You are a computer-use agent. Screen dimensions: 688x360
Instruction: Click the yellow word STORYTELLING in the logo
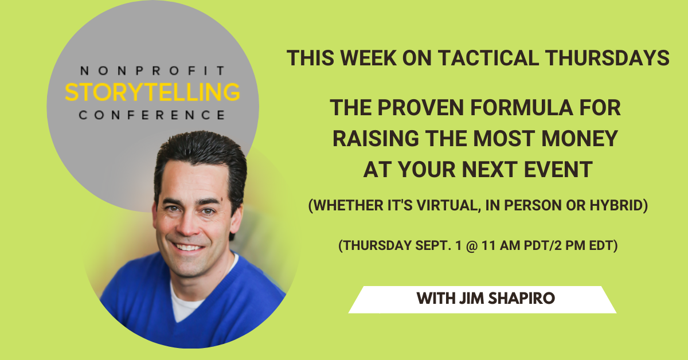(x=153, y=92)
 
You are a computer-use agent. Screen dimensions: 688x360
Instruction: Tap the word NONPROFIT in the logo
(x=153, y=71)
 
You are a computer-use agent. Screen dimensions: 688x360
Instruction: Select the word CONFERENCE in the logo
(x=152, y=115)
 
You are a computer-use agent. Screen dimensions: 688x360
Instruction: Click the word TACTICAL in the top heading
(x=488, y=58)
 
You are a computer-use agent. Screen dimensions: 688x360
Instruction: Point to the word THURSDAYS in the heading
(x=607, y=58)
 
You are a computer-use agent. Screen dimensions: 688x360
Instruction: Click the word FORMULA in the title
(x=522, y=108)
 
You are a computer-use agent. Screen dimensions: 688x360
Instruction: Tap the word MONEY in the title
(x=580, y=139)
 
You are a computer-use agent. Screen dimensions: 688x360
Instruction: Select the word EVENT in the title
(x=558, y=170)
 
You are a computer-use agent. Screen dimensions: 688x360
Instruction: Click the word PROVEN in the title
(x=420, y=108)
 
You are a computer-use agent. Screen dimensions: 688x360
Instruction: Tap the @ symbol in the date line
(x=471, y=246)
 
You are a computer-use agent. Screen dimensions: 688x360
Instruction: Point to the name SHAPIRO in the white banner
(x=522, y=298)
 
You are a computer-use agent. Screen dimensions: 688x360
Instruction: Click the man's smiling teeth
(x=188, y=247)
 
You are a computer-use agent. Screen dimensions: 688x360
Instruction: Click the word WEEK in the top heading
(x=368, y=58)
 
